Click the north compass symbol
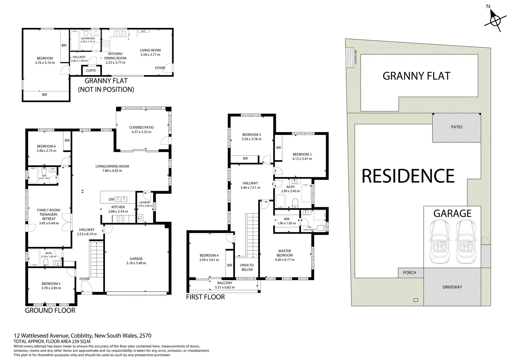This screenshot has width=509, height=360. click(x=495, y=21)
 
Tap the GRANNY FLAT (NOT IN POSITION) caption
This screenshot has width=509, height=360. click(x=106, y=85)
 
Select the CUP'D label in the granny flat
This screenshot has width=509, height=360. click(x=91, y=71)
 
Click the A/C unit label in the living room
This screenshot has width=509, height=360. click(x=144, y=31)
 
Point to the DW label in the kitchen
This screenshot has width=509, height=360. click(x=111, y=200)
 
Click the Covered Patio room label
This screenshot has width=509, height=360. click(x=141, y=129)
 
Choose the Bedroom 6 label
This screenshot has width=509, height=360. click(x=46, y=148)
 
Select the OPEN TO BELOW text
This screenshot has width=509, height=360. click(x=247, y=267)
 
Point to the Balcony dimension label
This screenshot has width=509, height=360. click(x=224, y=285)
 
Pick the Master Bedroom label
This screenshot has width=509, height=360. click(x=284, y=255)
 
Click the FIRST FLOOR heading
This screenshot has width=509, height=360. click(x=205, y=297)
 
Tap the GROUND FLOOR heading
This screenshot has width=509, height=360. click(x=50, y=310)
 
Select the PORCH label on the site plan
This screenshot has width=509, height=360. click(x=409, y=272)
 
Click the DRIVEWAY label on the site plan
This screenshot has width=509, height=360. click(x=452, y=287)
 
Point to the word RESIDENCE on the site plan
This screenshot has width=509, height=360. click(x=408, y=176)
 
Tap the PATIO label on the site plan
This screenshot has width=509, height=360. click(x=457, y=127)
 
